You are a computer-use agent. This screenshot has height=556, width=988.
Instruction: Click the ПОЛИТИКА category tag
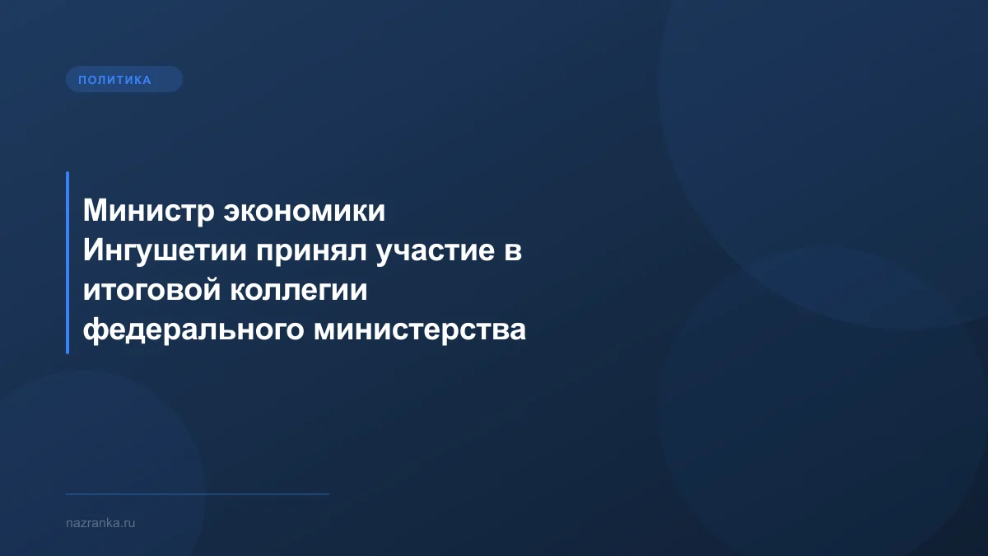point(123,80)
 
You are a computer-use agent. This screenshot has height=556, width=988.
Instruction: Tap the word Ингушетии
point(164,251)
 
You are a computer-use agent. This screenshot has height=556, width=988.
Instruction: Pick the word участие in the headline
point(434,251)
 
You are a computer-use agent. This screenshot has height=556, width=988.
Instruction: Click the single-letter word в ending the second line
point(512,252)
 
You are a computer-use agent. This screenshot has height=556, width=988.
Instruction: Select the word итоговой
point(146,291)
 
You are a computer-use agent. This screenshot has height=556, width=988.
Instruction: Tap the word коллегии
point(293,291)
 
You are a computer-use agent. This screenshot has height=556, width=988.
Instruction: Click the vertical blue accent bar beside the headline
point(68,263)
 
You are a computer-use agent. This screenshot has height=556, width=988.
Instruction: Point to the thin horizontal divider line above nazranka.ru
point(198,494)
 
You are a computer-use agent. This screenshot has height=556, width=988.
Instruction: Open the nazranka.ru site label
point(100,523)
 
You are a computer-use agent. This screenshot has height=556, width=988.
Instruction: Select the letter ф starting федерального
point(93,331)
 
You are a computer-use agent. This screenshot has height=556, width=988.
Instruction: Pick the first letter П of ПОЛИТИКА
point(82,80)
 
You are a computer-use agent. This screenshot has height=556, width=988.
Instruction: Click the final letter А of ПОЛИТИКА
point(147,80)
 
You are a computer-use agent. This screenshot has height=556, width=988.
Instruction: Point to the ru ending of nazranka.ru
point(130,523)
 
